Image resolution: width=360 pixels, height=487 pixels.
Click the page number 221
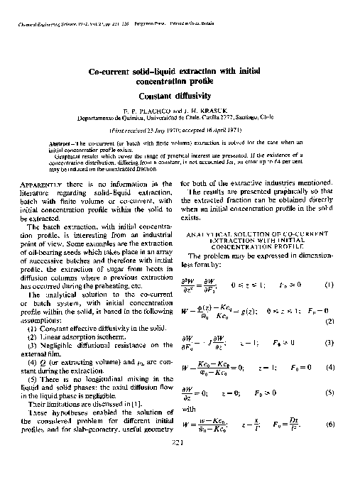(179, 444)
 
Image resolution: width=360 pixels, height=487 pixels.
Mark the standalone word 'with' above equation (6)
(189, 409)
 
